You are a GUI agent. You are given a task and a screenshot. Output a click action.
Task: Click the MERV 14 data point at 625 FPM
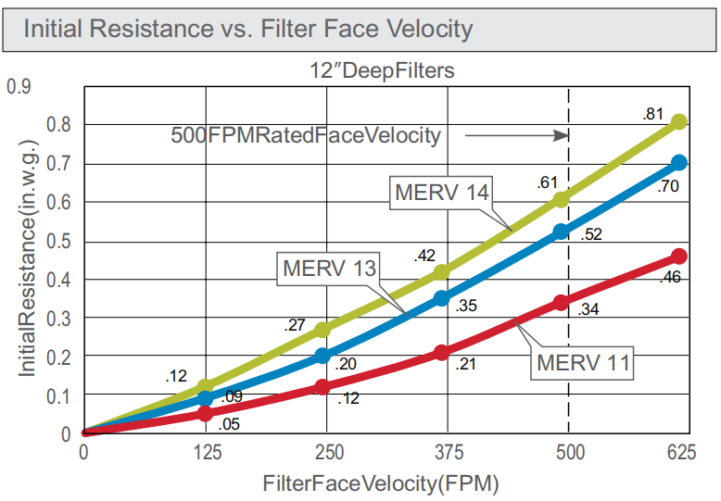[x=679, y=121]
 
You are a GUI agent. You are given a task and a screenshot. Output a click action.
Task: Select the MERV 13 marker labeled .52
[x=561, y=232]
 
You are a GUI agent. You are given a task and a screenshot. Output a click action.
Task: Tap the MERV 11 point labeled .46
[x=679, y=256]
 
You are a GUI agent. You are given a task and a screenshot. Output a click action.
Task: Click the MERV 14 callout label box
[x=441, y=193]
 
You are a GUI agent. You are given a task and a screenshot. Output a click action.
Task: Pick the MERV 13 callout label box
[x=329, y=269]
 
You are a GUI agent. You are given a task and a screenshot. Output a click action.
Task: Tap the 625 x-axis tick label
[x=681, y=453]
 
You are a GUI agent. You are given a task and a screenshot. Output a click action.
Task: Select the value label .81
[x=652, y=115]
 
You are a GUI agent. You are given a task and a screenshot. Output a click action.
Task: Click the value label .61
[x=547, y=182]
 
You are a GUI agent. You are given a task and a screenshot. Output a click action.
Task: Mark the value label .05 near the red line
[x=229, y=425]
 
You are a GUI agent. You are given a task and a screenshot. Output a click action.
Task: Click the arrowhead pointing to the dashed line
[x=561, y=135]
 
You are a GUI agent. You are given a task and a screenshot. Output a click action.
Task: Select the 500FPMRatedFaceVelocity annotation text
[x=305, y=135]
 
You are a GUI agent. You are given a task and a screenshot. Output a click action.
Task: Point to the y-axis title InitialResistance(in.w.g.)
[x=29, y=268]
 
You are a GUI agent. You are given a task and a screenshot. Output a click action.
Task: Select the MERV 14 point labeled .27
[x=323, y=330]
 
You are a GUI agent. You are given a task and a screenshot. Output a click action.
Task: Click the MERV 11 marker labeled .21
[x=441, y=353]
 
